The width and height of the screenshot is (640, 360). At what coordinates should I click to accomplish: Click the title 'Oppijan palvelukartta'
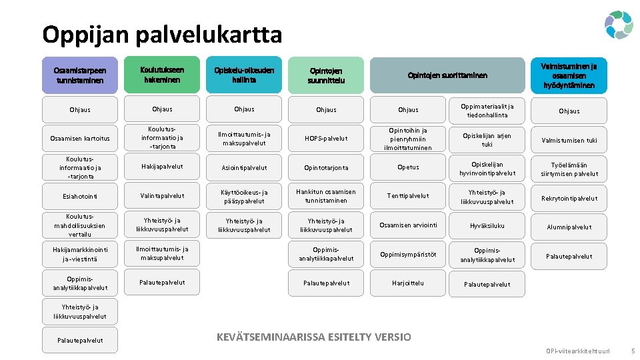coord(162,34)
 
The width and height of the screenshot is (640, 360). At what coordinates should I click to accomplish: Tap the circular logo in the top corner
coord(618,25)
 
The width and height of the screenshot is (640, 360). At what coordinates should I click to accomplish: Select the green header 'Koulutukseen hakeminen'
coord(162,75)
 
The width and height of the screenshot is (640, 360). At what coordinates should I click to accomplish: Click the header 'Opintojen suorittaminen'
coord(447,75)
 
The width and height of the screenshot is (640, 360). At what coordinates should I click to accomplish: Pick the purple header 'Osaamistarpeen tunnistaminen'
coord(80,75)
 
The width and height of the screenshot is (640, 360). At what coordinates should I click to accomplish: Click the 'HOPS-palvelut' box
coord(326,139)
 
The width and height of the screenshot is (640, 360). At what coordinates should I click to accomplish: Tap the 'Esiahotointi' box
coord(80,197)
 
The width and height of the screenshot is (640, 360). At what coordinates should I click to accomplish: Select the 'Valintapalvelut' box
coord(162,196)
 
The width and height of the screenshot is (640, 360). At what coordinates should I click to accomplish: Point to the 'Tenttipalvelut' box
coord(408,196)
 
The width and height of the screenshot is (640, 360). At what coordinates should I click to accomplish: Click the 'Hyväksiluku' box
coord(487,226)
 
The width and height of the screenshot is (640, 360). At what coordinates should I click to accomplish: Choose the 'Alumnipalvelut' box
coord(569,227)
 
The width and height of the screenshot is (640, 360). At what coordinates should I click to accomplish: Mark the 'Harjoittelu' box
coord(408,283)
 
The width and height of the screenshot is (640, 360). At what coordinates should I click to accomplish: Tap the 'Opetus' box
coord(408,167)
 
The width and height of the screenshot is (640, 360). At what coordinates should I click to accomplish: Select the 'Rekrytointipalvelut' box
coord(569,198)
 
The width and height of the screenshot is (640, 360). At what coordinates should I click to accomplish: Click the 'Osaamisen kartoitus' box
coord(80,139)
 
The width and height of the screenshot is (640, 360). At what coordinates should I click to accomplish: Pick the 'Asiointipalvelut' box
coord(244,168)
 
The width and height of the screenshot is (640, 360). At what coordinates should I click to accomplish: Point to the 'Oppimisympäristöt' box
coord(408,255)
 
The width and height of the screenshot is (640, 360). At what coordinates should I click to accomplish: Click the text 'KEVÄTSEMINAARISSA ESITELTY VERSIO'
coord(314,337)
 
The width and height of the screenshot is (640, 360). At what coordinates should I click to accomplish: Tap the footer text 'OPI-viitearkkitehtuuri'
coord(577,351)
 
